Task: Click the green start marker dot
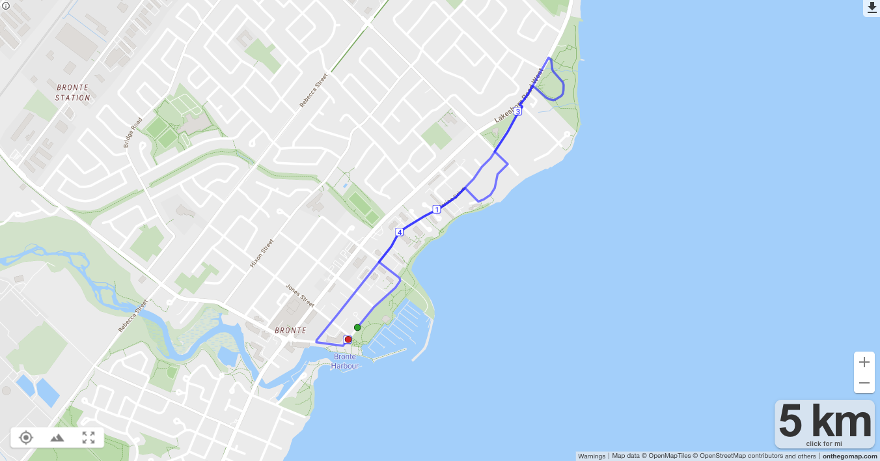click(357, 328)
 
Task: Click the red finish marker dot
click(348, 339)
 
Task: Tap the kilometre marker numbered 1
click(436, 210)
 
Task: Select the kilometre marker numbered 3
click(517, 112)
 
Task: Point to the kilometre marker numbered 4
click(400, 232)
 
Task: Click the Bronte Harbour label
click(344, 361)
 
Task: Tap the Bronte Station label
click(73, 92)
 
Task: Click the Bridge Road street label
click(132, 132)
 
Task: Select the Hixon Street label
click(262, 253)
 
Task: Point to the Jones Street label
click(300, 296)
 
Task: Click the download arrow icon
click(872, 7)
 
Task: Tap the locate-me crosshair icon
click(26, 438)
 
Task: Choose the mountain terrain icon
click(57, 438)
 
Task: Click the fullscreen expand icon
click(89, 438)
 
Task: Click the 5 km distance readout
click(824, 421)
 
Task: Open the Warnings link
click(591, 456)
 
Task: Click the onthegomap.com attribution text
click(849, 456)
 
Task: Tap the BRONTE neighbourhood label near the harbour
click(290, 331)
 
